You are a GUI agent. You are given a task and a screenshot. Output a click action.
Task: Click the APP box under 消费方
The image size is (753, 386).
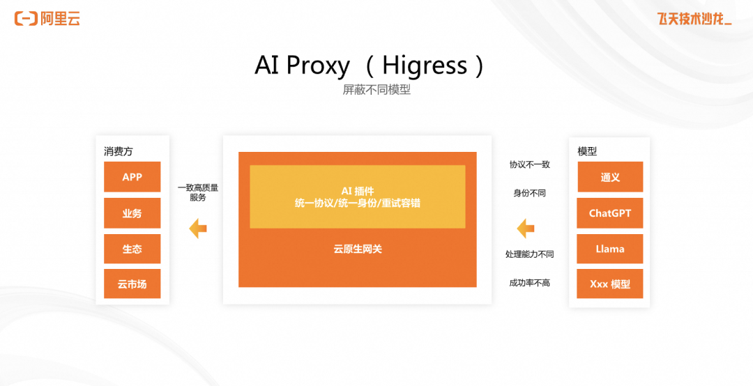pos(132,177)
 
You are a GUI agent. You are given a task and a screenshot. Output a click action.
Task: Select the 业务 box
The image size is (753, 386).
pos(132,213)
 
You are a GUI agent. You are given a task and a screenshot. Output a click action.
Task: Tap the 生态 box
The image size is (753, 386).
pos(132,249)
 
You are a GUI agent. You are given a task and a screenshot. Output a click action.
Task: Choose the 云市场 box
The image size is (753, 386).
pos(132,284)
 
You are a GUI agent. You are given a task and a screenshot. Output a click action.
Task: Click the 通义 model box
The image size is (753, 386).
pos(610,177)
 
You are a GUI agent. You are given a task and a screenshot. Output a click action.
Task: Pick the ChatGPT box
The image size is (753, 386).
pos(610,213)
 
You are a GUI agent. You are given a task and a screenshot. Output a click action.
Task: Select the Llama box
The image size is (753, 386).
pos(610,249)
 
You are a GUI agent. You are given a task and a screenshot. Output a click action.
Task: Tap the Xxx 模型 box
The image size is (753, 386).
pos(610,284)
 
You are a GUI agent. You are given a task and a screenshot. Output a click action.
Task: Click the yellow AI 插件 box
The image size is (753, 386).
pos(357,197)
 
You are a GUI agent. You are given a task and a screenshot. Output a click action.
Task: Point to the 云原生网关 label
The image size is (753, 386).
pos(358,249)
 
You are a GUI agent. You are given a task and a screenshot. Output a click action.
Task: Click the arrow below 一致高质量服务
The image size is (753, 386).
pos(198,228)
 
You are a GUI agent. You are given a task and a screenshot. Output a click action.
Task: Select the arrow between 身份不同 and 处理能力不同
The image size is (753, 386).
pos(526,228)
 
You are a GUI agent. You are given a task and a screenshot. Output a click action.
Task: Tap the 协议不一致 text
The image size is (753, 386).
pos(530,164)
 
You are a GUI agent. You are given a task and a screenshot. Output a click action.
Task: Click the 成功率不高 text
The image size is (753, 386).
pos(530,283)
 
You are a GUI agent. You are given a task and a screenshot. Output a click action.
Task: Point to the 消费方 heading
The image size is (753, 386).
pos(118,151)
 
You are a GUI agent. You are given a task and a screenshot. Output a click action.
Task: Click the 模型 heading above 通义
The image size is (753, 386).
pos(587,151)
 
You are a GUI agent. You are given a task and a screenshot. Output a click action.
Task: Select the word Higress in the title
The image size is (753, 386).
pos(425,65)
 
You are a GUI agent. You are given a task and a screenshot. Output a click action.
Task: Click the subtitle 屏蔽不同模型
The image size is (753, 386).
pos(376,90)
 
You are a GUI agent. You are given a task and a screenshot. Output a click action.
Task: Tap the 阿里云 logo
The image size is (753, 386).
pos(47,19)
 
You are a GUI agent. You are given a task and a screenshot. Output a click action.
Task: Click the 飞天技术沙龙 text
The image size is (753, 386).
pos(694,19)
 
